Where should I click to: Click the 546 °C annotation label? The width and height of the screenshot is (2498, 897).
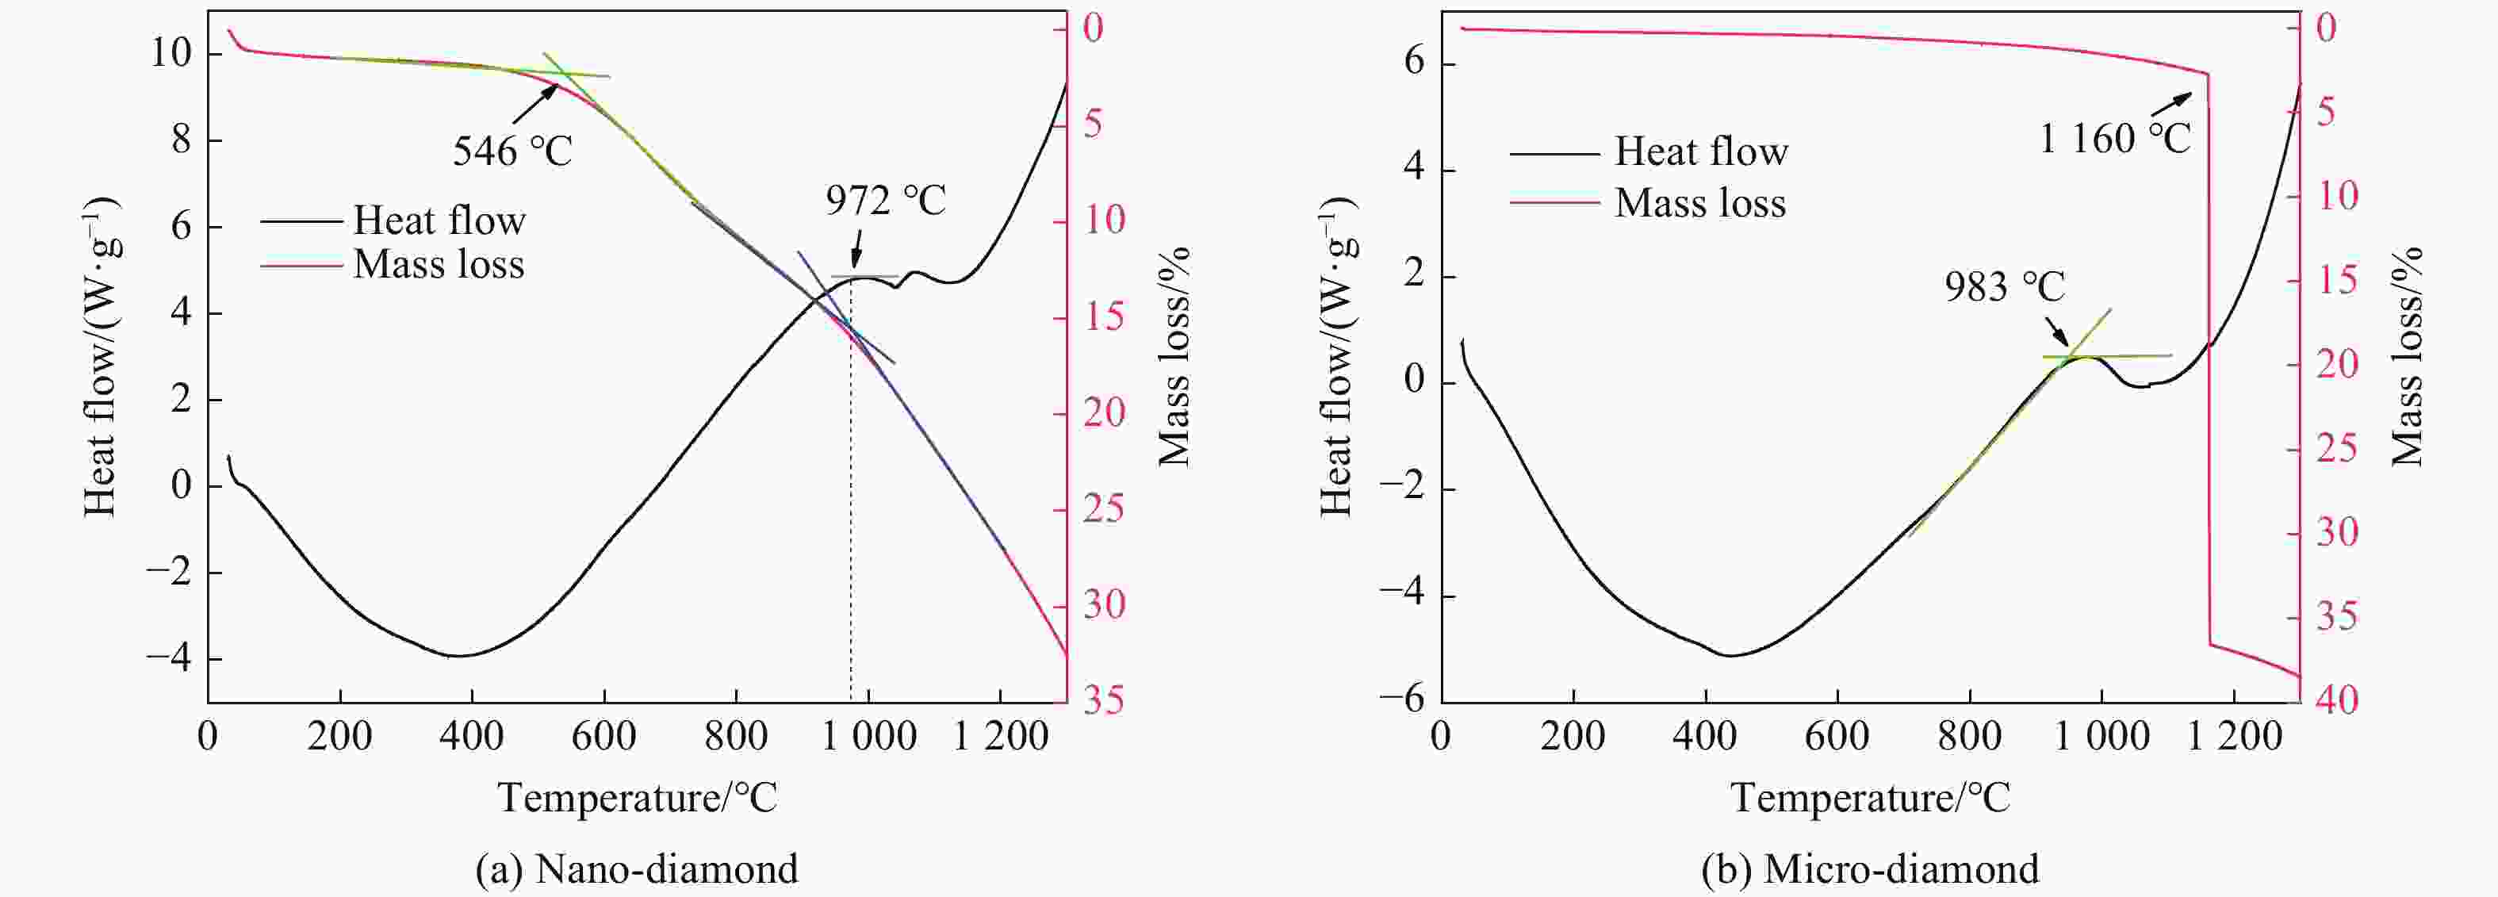[512, 151]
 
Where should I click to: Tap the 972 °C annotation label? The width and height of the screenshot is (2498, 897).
[885, 201]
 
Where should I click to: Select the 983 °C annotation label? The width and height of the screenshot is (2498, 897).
[2005, 287]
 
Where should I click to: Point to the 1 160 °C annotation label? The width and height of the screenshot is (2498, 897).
[2114, 140]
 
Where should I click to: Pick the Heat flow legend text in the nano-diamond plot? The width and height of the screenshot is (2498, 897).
[439, 221]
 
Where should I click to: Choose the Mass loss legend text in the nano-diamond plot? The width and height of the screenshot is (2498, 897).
[439, 265]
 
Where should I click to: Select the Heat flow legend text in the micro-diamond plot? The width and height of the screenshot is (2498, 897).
[1701, 151]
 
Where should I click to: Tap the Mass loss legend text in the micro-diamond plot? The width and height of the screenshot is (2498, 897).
[1700, 204]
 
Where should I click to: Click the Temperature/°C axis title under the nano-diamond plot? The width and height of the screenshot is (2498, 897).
[637, 798]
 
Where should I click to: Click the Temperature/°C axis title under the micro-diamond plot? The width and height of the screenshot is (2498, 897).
[1870, 798]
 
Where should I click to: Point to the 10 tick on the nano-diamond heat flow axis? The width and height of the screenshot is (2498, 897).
[170, 53]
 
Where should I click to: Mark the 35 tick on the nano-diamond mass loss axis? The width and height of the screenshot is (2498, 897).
[1104, 700]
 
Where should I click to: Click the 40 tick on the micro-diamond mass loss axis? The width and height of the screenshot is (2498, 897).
[2337, 700]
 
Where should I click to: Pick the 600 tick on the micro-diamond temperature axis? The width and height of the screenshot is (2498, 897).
[1837, 737]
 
